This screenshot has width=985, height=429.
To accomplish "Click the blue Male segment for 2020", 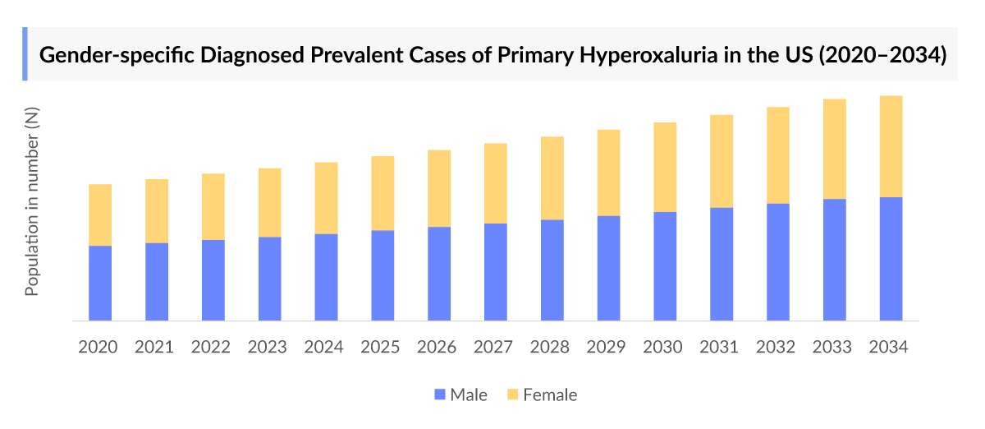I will tap(100, 283).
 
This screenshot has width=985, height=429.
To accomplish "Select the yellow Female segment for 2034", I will tap(891, 146).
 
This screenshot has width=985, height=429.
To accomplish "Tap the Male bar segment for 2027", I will tap(495, 272).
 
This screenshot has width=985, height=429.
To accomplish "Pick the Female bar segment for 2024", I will tap(326, 198).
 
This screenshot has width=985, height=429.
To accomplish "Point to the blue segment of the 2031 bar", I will tap(722, 264).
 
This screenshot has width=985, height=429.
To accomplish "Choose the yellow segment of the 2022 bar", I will tap(213, 206).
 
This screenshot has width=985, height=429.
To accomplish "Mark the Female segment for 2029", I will tap(608, 173).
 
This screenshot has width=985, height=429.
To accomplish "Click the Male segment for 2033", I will tap(834, 260).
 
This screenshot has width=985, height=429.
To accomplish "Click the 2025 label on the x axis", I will tap(382, 347).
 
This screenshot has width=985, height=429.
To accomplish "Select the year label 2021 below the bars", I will tap(155, 347).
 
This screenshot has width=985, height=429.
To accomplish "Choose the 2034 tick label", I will tap(890, 347).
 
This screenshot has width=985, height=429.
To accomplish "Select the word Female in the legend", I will tap(550, 395).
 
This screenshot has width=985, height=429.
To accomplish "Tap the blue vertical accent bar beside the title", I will tap(25, 54).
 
